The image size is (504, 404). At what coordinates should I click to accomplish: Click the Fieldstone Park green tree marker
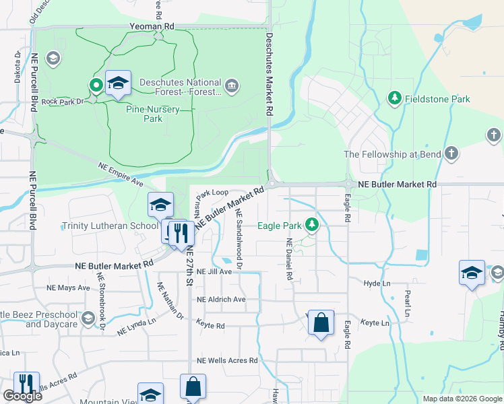coord(395,99)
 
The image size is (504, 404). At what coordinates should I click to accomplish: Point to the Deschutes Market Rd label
coord(270,74)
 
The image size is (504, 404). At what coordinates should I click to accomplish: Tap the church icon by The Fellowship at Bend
coord(452,154)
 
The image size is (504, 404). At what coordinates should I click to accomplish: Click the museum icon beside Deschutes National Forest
coord(232,85)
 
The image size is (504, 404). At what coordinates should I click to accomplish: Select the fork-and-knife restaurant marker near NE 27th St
coord(181,234)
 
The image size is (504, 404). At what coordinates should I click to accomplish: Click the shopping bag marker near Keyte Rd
coord(321,323)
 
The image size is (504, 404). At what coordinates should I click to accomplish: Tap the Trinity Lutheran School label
coord(110,226)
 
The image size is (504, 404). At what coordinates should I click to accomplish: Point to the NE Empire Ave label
coord(121,173)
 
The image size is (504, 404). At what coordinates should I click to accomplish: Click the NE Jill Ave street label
coord(214,272)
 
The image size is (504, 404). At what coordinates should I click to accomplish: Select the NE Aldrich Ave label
coord(221,299)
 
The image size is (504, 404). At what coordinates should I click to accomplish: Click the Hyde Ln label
coord(377,284)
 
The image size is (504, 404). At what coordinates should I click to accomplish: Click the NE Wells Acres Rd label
coord(227,360)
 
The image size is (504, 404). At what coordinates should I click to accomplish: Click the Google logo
coord(22,396)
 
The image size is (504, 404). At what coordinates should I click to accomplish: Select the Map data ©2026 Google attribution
coord(462,399)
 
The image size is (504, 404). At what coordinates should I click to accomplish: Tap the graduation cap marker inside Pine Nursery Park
coord(118,83)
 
